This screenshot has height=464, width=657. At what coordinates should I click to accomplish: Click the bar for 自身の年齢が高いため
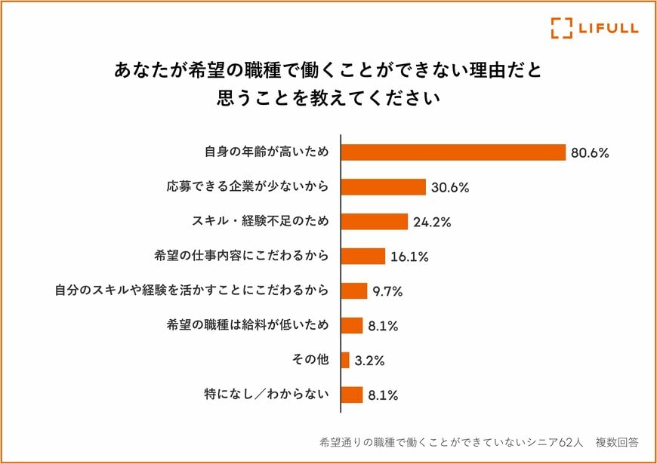pos(453,152)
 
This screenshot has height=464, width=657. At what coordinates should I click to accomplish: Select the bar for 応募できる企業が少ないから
pos(384,186)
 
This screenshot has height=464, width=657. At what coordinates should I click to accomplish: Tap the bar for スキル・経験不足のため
pos(375,221)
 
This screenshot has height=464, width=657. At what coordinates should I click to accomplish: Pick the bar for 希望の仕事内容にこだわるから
pos(363,256)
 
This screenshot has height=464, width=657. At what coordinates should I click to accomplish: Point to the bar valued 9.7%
pos(354,290)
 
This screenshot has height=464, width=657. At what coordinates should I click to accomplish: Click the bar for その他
pos(345,360)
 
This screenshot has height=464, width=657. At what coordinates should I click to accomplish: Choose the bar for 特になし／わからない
pos(352,395)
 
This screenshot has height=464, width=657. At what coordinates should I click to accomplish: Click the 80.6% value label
pos(589,152)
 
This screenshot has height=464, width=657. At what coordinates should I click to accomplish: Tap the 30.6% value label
pos(450,187)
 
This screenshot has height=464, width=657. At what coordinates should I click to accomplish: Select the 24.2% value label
pos(432,222)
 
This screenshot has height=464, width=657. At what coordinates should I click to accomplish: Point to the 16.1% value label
pos(409,257)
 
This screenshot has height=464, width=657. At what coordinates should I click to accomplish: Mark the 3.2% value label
pos(369,361)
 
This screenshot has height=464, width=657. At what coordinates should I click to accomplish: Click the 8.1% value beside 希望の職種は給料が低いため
pos(384,326)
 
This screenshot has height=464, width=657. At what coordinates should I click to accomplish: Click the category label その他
pos(310,360)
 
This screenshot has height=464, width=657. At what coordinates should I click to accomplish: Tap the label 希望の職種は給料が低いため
pos(248,325)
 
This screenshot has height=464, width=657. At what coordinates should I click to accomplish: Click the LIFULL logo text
pos(608,28)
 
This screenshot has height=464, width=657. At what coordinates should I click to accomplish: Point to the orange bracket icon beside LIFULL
pos(561,28)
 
